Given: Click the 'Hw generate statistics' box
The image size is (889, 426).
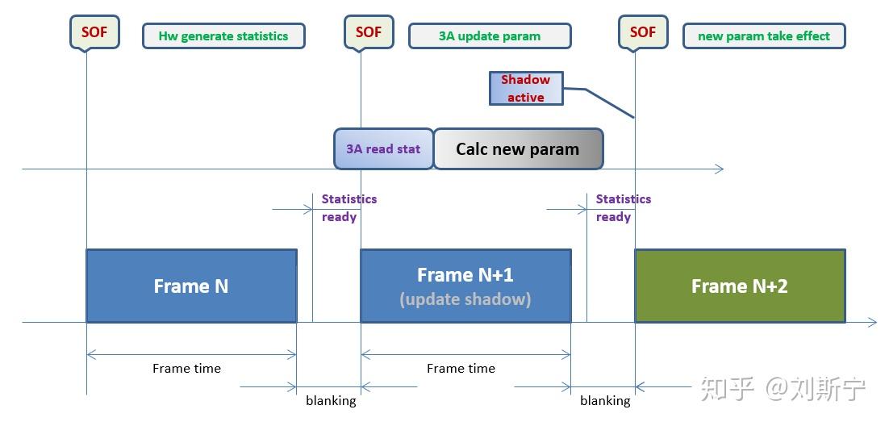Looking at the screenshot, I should coord(223,36).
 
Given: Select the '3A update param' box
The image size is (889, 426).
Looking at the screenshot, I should coord(490,36).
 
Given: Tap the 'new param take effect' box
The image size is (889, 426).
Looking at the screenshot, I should coord(763,36).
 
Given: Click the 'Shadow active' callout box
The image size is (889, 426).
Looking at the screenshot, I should coord(525,89).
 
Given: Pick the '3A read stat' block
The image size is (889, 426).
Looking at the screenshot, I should coord(383,149).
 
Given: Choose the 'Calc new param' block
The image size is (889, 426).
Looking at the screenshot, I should coord(518,149).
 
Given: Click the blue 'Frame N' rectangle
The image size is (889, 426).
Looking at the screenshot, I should coord(191,286).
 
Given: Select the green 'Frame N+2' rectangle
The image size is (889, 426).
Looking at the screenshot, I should coord(740,286).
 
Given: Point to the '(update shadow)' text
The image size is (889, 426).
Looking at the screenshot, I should coord(465,299).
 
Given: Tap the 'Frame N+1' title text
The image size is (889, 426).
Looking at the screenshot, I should coord(465,275).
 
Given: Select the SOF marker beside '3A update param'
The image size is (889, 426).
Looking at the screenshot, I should coord(369,32).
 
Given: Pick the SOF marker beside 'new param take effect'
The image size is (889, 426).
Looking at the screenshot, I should coord(643,32).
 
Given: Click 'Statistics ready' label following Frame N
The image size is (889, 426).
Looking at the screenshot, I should coord(349,207).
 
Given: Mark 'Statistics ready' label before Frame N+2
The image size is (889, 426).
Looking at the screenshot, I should coord(623,207).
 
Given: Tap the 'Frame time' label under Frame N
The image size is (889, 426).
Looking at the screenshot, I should coord(186,368).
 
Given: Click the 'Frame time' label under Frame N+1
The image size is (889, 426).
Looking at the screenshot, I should coord(461,368).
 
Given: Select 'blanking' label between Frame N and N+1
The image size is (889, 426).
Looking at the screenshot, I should coord(331,400).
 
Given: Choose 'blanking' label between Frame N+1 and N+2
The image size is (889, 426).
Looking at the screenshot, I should coord(605,400).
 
